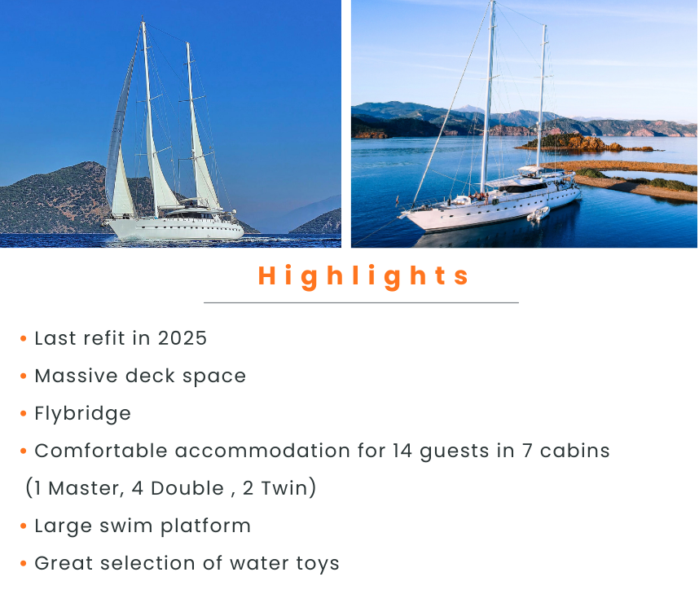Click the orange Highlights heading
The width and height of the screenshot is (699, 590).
pos(363,276)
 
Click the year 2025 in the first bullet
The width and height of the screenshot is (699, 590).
pos(182,338)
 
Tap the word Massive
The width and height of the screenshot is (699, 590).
pos(76,376)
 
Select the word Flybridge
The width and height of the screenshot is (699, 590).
pos(83,414)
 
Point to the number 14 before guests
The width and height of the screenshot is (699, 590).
pos(402,451)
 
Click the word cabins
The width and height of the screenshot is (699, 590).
pos(574,451)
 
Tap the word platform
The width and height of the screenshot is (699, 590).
pos(205,526)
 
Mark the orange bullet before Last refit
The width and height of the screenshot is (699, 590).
pos(24,338)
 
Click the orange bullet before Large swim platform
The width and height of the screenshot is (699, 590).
pos(24,526)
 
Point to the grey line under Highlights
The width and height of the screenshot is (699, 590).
pos(361,303)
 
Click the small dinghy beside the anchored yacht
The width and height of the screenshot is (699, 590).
pos(538,214)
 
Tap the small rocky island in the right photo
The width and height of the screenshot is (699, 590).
pos(584,143)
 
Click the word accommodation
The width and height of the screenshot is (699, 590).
pos(262,451)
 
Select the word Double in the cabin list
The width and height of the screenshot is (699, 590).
pos(187,488)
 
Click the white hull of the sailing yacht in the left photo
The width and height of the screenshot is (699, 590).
pos(176,229)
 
